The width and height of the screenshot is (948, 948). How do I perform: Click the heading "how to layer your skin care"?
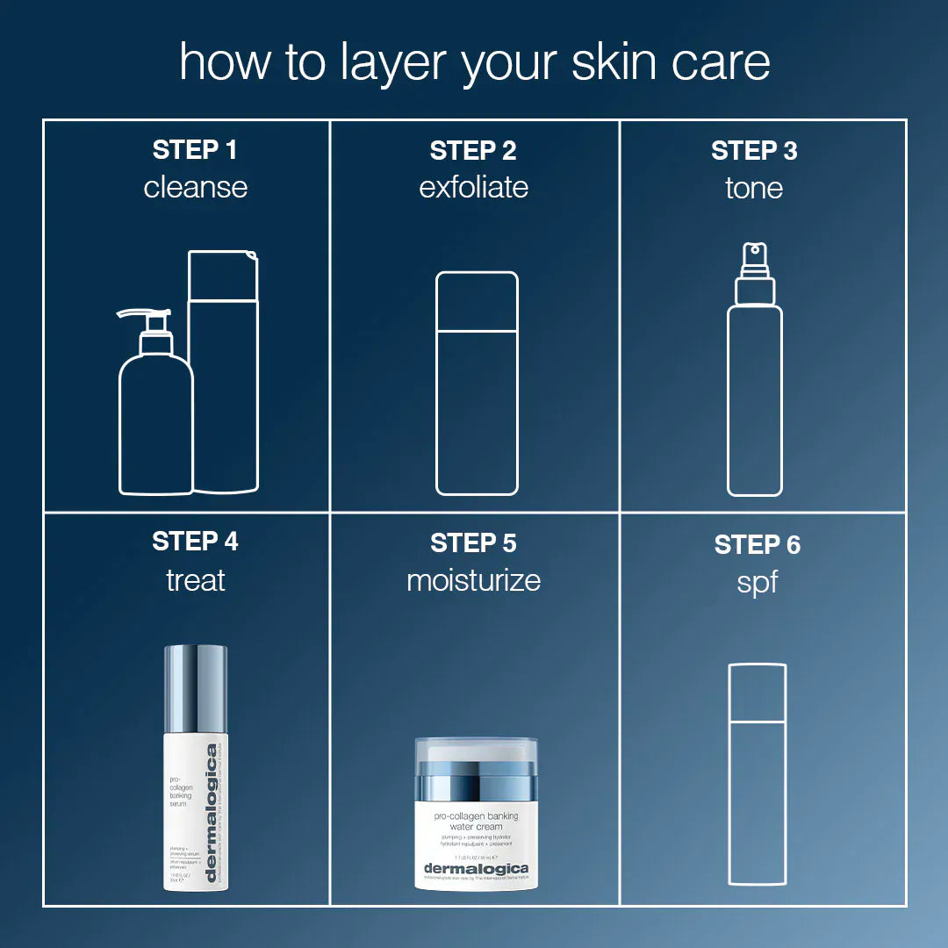pos(474,62)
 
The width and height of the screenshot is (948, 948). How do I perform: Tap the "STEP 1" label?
pos(195,150)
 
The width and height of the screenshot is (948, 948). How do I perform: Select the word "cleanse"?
pos(195,187)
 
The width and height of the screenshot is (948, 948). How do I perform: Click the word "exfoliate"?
pos(473,187)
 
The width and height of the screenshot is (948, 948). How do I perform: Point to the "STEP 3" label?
pos(754,151)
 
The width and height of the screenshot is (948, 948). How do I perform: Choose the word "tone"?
pos(754,188)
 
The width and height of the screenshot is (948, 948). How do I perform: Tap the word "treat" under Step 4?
pos(195,580)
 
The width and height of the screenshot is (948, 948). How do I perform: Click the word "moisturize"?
pos(473,580)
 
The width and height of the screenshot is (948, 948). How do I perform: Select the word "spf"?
pos(757,582)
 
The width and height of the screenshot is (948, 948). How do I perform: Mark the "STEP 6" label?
pos(757,545)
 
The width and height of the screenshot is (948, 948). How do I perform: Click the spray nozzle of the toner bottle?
pos(754,256)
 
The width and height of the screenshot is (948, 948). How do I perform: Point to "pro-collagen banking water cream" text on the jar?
pos(476,821)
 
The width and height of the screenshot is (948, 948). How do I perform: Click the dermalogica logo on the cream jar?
pos(476,869)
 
